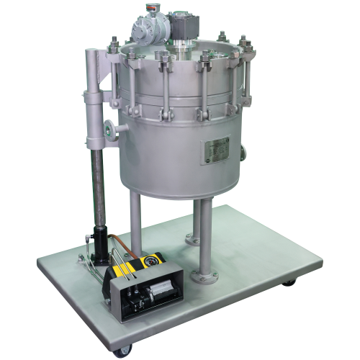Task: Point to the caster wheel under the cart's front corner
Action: click(x=117, y=351)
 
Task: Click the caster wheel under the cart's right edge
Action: click(x=288, y=282)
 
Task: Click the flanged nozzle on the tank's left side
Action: click(x=109, y=132)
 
